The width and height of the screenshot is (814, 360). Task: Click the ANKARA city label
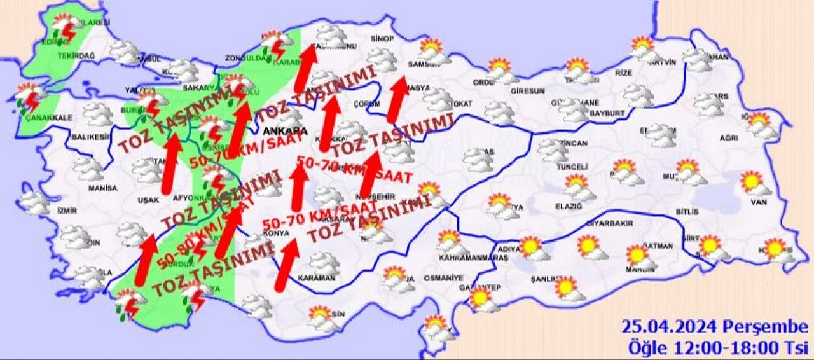pos(284,131)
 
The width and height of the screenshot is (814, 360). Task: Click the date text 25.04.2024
pos(669,327)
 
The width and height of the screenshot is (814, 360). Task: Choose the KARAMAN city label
pos(315,278)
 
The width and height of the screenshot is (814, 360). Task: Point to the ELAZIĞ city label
pos(569,207)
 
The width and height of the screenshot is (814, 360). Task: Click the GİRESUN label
pos(527,91)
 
